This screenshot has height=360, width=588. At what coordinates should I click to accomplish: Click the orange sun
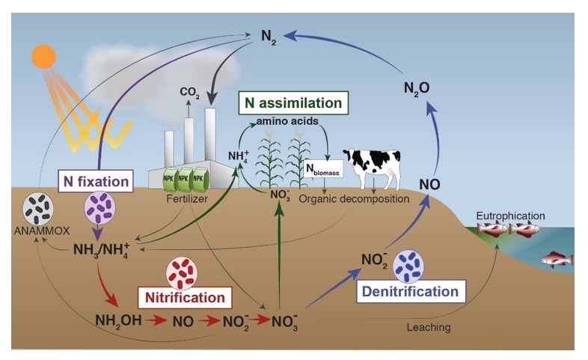pyautogui.click(x=44, y=55)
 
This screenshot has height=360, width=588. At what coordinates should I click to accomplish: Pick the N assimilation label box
pyautogui.click(x=293, y=103)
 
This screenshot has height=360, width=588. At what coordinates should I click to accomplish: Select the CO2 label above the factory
pyautogui.click(x=189, y=92)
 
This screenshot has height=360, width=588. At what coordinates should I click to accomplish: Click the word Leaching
pyautogui.click(x=429, y=327)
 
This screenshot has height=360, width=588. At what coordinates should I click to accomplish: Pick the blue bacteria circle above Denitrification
pyautogui.click(x=408, y=264)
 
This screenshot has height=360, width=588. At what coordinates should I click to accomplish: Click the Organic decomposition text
pyautogui.click(x=354, y=200)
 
